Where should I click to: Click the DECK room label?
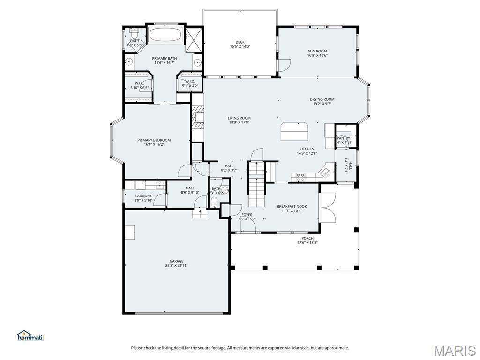pyautogui.click(x=240, y=42)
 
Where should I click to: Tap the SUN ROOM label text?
pyautogui.click(x=317, y=51)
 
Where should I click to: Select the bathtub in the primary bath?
pyautogui.click(x=165, y=35)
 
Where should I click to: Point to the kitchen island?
pyautogui.click(x=294, y=131)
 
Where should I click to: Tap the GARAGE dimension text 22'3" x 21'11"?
pyautogui.click(x=176, y=265)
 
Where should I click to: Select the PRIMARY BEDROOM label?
pyautogui.click(x=154, y=140)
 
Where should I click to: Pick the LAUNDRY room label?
pyautogui.click(x=143, y=196)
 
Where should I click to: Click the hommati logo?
pyautogui.click(x=30, y=336)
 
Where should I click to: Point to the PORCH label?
pyautogui.click(x=307, y=238)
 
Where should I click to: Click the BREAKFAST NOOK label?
pyautogui.click(x=292, y=206)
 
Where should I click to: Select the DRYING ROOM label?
pyautogui.click(x=322, y=99)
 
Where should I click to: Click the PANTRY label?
pyautogui.click(x=343, y=138)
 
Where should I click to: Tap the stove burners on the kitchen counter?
pyautogui.click(x=300, y=177)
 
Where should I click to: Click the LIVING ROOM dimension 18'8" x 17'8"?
pyautogui.click(x=239, y=122)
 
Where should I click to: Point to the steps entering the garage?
pyautogui.click(x=200, y=214)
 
